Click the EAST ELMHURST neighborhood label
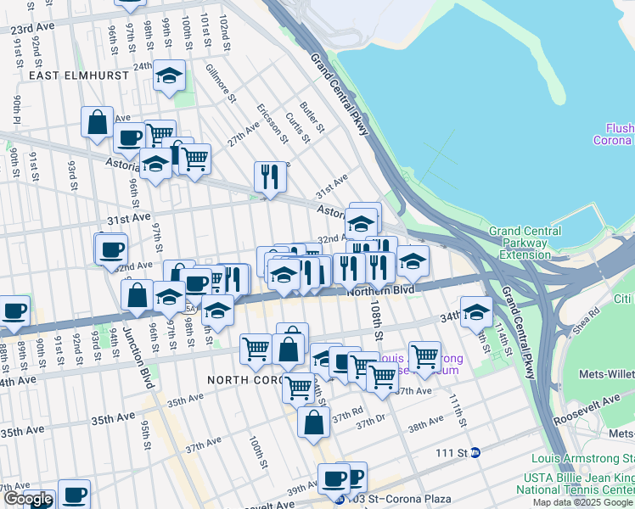(78, 76)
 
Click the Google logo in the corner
(27, 500)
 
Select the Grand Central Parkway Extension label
(525, 243)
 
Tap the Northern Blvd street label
(380, 291)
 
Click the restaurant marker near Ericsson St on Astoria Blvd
(270, 176)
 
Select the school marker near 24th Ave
(170, 76)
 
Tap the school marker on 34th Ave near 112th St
(476, 311)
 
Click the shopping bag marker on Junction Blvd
(137, 296)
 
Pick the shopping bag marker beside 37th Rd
(314, 422)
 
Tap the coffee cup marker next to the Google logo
(74, 494)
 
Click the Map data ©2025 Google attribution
(582, 502)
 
